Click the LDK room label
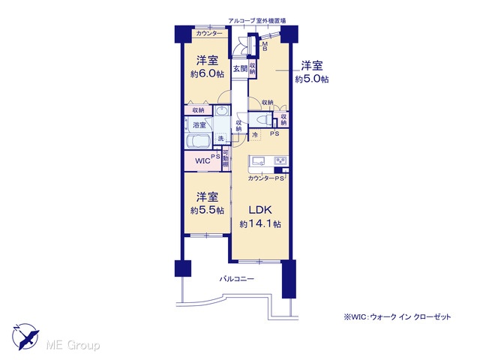coord(260,210)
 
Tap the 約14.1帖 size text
coord(260,224)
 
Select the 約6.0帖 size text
coord(207,73)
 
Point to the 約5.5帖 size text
coord(207,210)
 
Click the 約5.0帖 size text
coord(312,79)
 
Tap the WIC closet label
coord(202,160)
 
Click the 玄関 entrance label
coord(240,68)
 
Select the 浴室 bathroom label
coord(199,125)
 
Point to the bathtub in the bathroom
coord(198,141)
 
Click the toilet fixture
coord(261,119)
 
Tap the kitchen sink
coord(258,160)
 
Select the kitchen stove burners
coord(280,160)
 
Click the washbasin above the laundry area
coord(221,110)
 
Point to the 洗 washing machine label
coord(221,138)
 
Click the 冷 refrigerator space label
coord(254,134)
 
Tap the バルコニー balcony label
coord(237,279)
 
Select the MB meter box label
coord(265,46)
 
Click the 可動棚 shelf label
coord(226,158)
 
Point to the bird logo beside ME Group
coord(25,337)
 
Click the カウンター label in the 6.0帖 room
coord(209,33)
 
